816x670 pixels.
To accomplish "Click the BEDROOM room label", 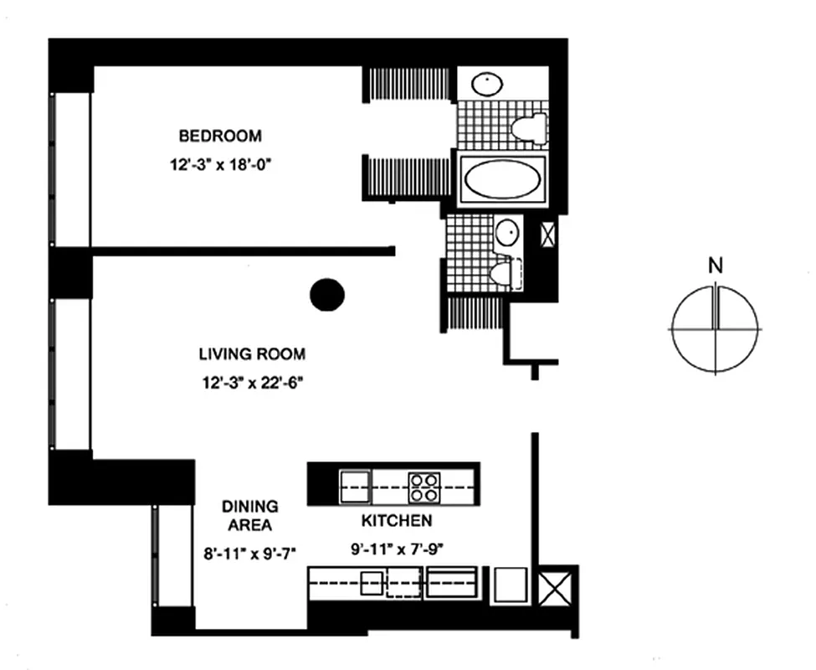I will tap(220, 136).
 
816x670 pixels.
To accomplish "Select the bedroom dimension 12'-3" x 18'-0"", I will tap(220, 165).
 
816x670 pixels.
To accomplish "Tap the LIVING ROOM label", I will tap(252, 354).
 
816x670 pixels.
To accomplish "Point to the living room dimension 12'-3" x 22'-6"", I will tap(252, 384).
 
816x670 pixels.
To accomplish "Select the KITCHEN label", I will tap(397, 521).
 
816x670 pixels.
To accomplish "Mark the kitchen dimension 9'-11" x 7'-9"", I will tap(397, 550).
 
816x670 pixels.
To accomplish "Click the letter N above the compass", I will tap(715, 267).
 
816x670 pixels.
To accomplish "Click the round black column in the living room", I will tap(327, 294).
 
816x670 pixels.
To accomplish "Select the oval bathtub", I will tap(502, 178).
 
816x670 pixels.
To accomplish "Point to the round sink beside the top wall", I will tap(485, 84).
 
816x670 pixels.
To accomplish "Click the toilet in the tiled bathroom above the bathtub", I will tap(529, 128).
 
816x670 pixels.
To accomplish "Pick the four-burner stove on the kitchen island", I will tap(424, 485).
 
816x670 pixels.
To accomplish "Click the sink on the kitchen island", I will tap(355, 485).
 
